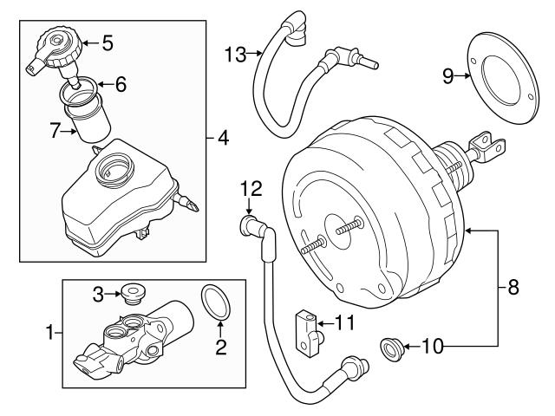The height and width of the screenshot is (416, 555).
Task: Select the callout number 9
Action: [x=447, y=76]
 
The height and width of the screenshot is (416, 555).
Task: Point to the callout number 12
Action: [x=250, y=187]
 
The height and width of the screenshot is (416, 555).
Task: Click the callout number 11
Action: [x=345, y=324]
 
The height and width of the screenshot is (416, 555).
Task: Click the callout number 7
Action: [x=55, y=131]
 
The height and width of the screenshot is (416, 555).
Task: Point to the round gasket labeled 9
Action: [x=499, y=78]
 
